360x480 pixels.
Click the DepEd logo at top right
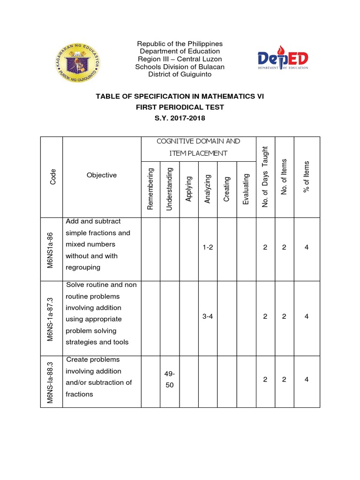click(283, 59)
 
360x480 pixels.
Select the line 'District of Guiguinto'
click(180, 74)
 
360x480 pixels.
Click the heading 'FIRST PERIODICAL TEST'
click(180, 107)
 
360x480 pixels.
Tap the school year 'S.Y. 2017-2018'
click(180, 119)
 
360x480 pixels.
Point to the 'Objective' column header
click(102, 175)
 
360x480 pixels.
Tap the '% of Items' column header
click(307, 177)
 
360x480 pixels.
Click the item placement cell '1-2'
click(208, 247)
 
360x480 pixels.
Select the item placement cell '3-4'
click(208, 316)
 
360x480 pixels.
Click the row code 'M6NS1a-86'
click(51, 249)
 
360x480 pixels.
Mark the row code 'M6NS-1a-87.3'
click(51, 318)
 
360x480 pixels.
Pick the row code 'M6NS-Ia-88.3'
click(51, 382)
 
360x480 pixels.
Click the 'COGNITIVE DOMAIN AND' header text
click(198, 141)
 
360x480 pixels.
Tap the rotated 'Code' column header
click(53, 176)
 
